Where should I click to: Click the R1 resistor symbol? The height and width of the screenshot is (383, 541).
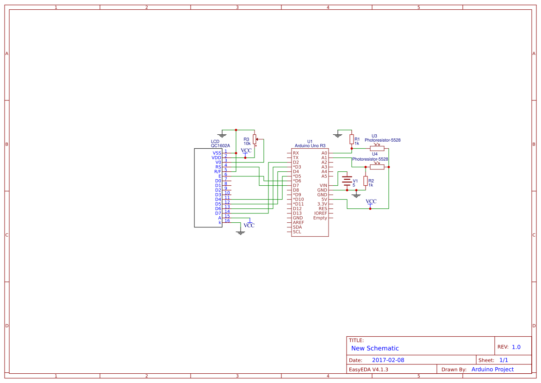pyautogui.click(x=351, y=139)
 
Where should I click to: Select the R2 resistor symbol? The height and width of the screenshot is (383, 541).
pyautogui.click(x=365, y=181)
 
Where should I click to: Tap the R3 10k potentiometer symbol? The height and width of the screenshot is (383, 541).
pyautogui.click(x=255, y=139)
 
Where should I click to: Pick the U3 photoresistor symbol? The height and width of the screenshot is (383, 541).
pyautogui.click(x=377, y=148)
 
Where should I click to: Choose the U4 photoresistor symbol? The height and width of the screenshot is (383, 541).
pyautogui.click(x=377, y=167)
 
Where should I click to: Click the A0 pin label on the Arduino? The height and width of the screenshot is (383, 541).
pyautogui.click(x=324, y=153)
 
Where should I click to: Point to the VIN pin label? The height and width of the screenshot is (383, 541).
pyautogui.click(x=323, y=185)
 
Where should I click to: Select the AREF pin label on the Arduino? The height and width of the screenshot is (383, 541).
pyautogui.click(x=298, y=222)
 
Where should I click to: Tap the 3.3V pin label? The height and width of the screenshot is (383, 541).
pyautogui.click(x=322, y=204)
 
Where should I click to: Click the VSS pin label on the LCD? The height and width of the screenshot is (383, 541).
pyautogui.click(x=217, y=153)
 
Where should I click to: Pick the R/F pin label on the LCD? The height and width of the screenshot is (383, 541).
pyautogui.click(x=217, y=171)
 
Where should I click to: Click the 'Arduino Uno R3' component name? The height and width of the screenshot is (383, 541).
pyautogui.click(x=310, y=145)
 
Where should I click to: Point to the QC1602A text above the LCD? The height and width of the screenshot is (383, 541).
pyautogui.click(x=220, y=145)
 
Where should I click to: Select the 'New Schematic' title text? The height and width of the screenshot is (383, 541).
pyautogui.click(x=375, y=348)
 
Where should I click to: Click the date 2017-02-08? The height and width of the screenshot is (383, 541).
pyautogui.click(x=388, y=360)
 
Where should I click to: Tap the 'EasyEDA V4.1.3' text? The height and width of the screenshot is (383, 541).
pyautogui.click(x=368, y=369)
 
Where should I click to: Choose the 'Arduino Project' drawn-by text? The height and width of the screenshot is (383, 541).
pyautogui.click(x=492, y=369)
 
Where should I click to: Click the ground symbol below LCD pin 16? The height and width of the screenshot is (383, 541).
pyautogui.click(x=240, y=232)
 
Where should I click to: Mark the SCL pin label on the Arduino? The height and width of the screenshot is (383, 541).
pyautogui.click(x=297, y=232)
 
